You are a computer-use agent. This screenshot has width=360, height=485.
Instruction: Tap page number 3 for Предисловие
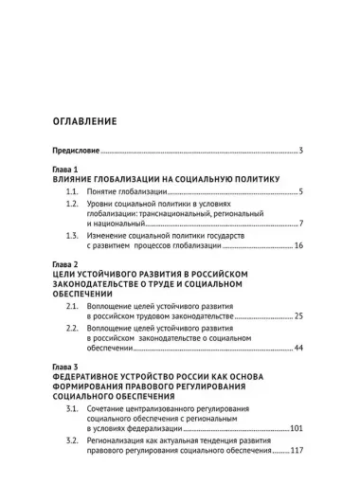(x=299, y=152)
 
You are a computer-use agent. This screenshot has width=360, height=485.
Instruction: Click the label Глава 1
(x=67, y=171)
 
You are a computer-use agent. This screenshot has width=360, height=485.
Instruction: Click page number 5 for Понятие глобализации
(x=299, y=192)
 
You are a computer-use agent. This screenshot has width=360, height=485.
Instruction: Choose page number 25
(x=297, y=315)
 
